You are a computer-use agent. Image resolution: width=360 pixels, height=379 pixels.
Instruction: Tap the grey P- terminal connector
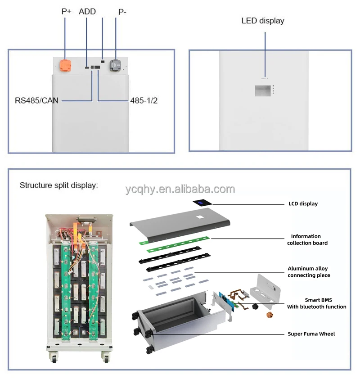click(116, 65)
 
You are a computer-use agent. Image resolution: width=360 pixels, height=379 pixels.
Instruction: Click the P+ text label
click(66, 12)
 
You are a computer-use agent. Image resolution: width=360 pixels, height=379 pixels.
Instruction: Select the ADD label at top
click(87, 12)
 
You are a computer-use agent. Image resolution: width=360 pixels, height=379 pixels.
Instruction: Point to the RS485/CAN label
click(36, 101)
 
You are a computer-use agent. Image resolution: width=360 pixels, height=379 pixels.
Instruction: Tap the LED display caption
click(263, 21)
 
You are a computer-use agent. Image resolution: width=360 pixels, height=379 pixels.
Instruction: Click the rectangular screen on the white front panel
click(262, 90)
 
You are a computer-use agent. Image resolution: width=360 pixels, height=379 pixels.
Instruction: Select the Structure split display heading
click(58, 185)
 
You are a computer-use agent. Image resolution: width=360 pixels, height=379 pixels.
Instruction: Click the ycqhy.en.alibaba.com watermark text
click(180, 189)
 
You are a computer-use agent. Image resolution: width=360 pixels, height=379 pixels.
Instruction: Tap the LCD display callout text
click(303, 203)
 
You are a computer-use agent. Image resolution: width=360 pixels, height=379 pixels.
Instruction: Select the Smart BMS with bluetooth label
click(317, 303)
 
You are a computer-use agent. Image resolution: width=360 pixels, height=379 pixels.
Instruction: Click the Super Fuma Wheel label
click(311, 334)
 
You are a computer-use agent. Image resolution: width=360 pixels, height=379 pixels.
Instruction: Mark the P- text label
click(122, 12)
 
